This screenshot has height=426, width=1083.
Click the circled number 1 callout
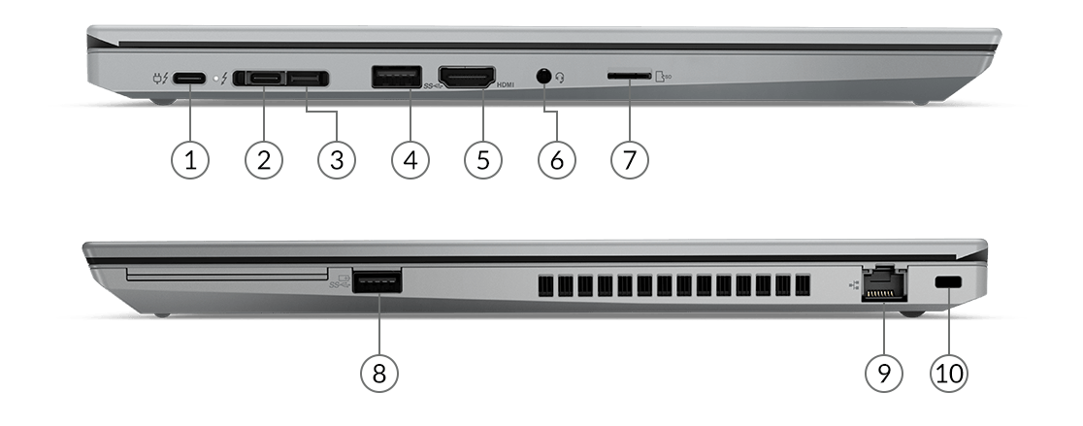pos(190,159)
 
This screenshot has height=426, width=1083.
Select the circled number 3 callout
pos(337,159)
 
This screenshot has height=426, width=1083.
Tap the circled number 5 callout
pos(483,159)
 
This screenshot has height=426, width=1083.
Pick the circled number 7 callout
pos(629,159)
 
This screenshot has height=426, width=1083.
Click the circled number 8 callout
pos(379,373)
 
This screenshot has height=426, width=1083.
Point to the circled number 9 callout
pos(884,373)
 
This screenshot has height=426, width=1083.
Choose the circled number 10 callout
pos(949,373)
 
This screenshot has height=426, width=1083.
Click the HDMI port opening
pos(468,76)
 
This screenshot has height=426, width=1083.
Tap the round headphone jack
pos(545,77)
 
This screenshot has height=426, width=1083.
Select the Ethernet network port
pos(884,283)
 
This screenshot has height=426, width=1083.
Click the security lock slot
pos(949,282)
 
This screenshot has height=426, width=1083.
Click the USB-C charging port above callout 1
pos(189,78)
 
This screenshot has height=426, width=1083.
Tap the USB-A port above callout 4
pos(397,76)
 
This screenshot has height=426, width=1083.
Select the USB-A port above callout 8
pos(377,281)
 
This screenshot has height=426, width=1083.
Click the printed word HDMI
pos(506,85)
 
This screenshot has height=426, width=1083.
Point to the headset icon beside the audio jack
pos(560,78)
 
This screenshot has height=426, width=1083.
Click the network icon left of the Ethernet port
pos(854,283)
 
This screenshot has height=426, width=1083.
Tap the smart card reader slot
pos(227,275)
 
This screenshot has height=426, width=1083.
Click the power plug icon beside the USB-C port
pos(160,78)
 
